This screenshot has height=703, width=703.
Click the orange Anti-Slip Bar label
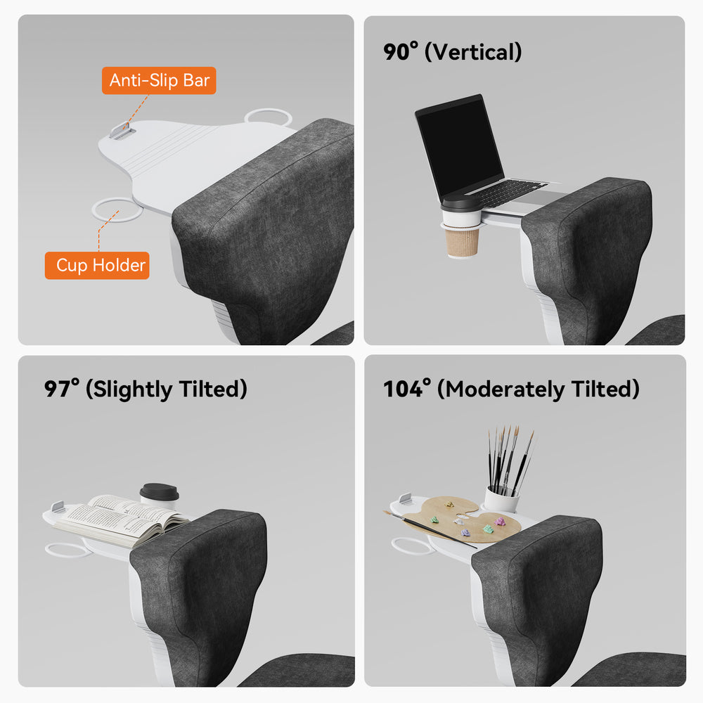[159, 80]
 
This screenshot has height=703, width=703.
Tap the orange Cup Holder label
[97, 266]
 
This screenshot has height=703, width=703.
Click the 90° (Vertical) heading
[452, 51]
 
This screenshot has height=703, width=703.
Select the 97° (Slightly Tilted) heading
[146, 389]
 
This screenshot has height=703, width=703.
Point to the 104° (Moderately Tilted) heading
[512, 389]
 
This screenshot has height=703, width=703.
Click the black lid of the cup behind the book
[159, 490]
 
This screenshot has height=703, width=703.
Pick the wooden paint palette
[467, 520]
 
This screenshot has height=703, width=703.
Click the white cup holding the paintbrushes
[501, 499]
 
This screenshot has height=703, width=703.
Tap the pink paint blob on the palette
[499, 522]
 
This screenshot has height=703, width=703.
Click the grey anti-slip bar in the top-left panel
[122, 131]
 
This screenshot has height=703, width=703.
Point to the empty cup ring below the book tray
[67, 550]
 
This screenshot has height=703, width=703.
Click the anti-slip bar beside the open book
[58, 507]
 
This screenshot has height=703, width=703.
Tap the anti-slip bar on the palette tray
[406, 498]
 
